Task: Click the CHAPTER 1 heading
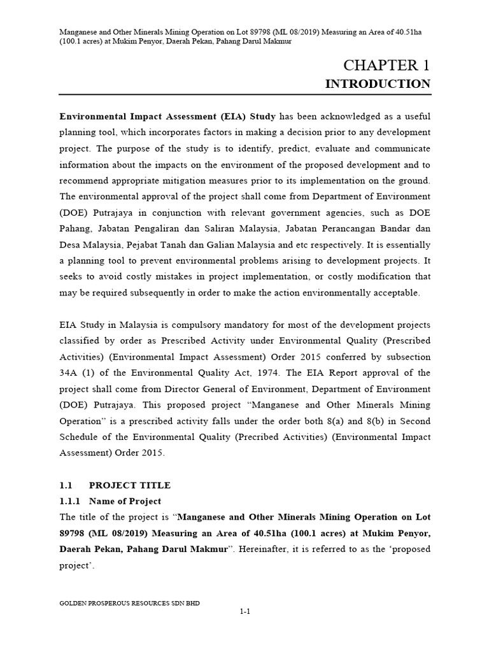(x=387, y=65)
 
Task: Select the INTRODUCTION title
(x=378, y=84)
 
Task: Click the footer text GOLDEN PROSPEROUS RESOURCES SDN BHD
(x=129, y=602)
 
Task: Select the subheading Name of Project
(x=125, y=501)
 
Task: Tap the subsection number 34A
(x=70, y=372)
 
